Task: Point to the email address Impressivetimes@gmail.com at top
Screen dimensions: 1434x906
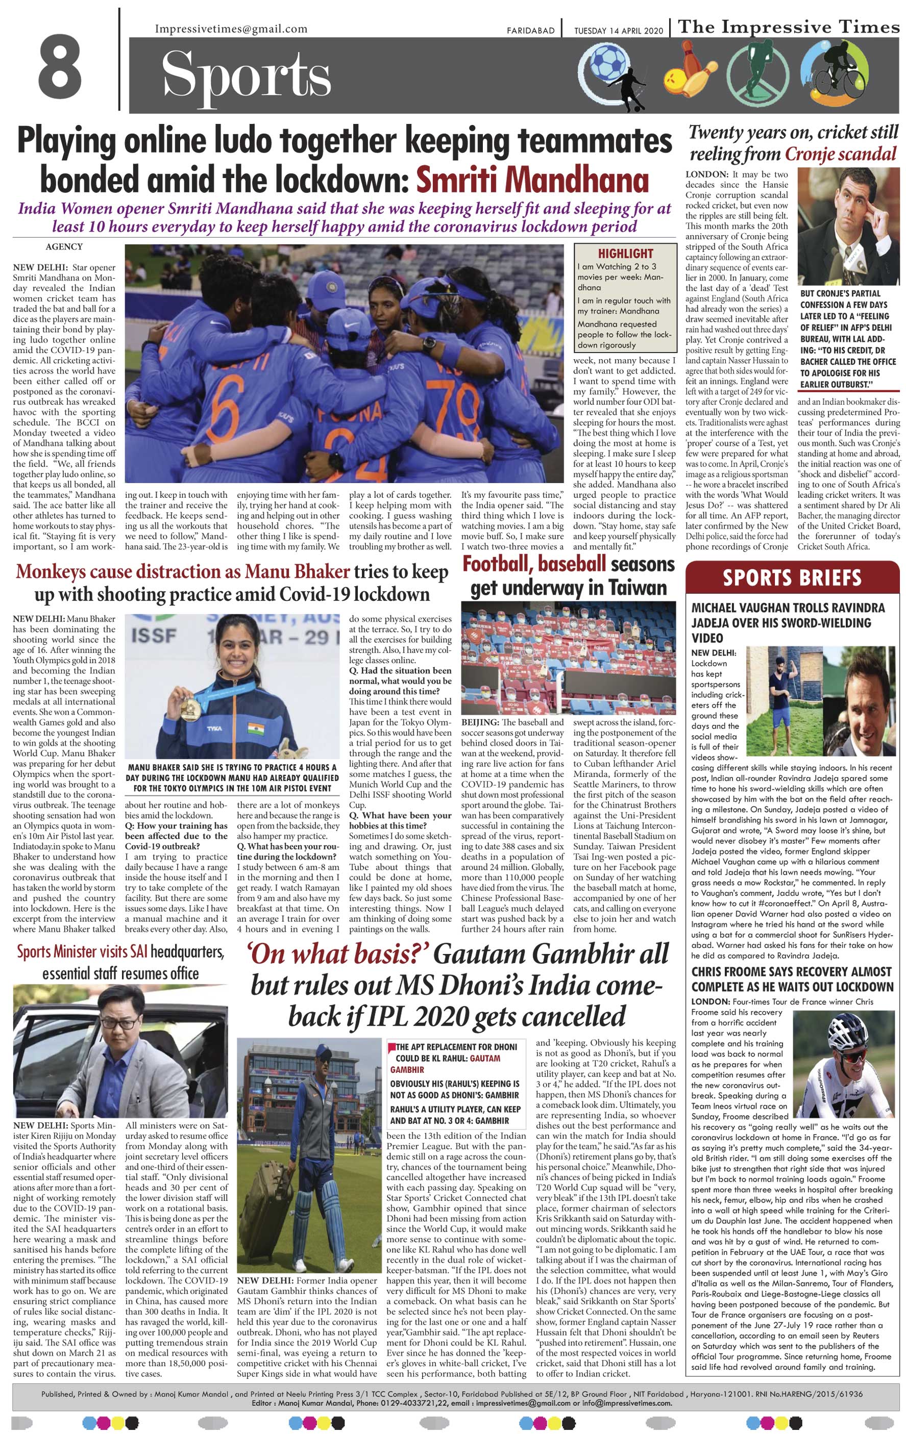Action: (x=231, y=29)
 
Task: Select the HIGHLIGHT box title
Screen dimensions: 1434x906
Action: (x=625, y=253)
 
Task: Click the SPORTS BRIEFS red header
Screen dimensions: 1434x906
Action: (x=792, y=577)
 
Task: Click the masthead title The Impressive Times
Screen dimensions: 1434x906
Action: (x=789, y=27)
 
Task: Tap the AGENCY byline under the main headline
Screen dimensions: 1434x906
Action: (x=64, y=246)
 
